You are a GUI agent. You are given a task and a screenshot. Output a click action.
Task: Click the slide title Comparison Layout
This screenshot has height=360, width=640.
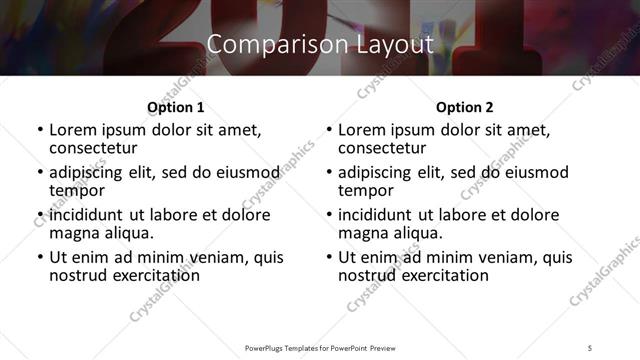coord(319,44)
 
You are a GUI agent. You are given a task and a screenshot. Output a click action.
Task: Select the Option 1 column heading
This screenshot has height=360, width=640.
coord(175,107)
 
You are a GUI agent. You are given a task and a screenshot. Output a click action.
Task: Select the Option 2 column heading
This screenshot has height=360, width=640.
coord(464,107)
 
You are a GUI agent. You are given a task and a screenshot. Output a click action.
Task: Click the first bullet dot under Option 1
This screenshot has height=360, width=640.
coord(39,131)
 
